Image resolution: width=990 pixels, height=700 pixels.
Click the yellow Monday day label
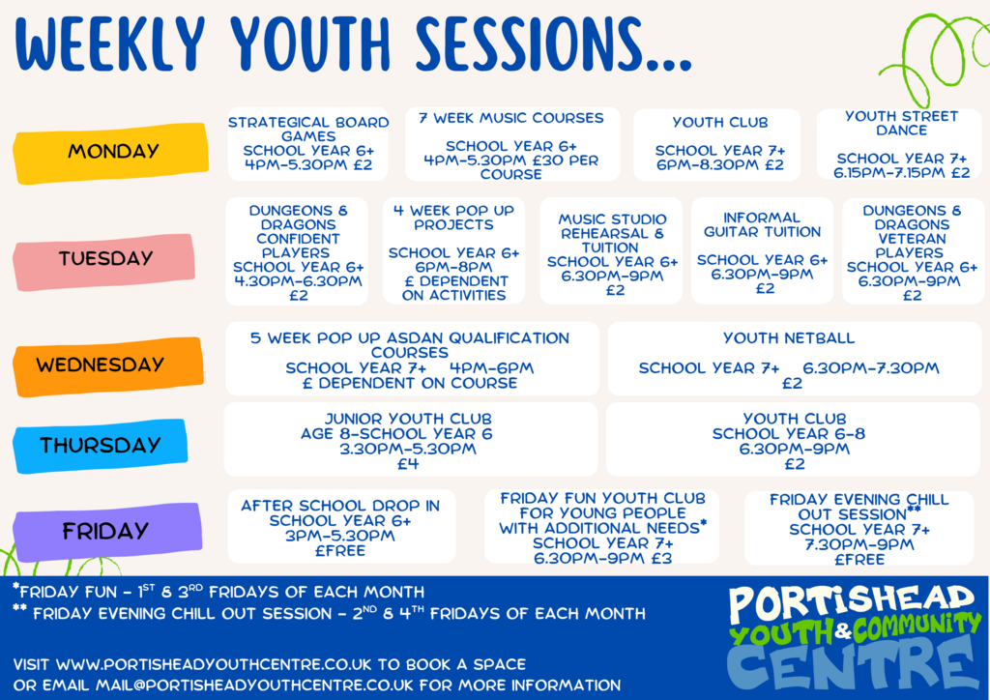[x=111, y=153]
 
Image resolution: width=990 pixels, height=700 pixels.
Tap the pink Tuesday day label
[x=104, y=261]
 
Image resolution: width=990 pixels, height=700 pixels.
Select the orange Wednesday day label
[x=108, y=366]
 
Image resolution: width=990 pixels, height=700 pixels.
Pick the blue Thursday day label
[x=101, y=447]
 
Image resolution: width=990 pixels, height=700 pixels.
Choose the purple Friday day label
[x=107, y=532]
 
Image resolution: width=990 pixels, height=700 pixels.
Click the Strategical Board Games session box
[x=308, y=144]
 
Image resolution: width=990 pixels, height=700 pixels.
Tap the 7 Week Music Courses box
[x=512, y=144]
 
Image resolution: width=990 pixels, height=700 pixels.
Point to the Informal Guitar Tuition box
[x=762, y=251]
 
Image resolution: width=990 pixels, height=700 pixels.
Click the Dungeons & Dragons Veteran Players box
[x=913, y=251]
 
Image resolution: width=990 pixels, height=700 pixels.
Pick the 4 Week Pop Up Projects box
[x=454, y=251]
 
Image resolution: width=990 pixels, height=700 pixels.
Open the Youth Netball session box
[x=795, y=359]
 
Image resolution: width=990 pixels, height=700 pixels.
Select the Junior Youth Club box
[x=410, y=439]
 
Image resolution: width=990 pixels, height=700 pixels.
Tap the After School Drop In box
[x=341, y=526]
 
